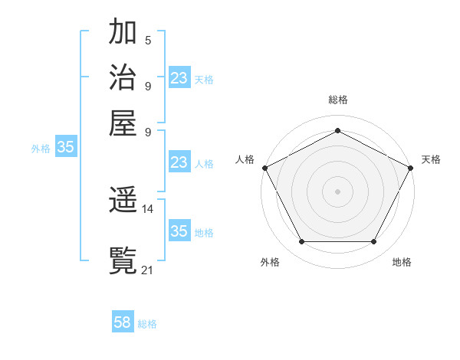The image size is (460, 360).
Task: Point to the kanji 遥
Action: tap(123, 201)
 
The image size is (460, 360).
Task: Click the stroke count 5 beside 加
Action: tap(148, 41)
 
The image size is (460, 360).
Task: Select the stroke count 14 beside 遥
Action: tap(148, 208)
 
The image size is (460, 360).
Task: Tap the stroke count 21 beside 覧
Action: tap(148, 269)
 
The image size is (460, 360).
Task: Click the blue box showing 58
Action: tap(123, 322)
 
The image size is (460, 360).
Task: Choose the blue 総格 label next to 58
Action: tap(147, 324)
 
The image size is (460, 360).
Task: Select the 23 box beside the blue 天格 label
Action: tap(179, 78)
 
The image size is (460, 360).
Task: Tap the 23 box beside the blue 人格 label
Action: tap(179, 162)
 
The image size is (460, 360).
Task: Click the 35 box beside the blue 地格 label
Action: tap(179, 231)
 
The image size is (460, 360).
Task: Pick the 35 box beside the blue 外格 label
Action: tap(65, 147)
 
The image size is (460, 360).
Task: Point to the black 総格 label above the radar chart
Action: tap(337, 100)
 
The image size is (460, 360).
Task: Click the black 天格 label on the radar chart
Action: tap(431, 159)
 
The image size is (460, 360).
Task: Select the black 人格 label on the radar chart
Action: tap(245, 159)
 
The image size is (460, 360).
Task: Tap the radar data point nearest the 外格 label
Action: tap(301, 242)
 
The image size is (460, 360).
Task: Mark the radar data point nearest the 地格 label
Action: tap(374, 242)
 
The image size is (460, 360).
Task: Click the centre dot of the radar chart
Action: tap(337, 191)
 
